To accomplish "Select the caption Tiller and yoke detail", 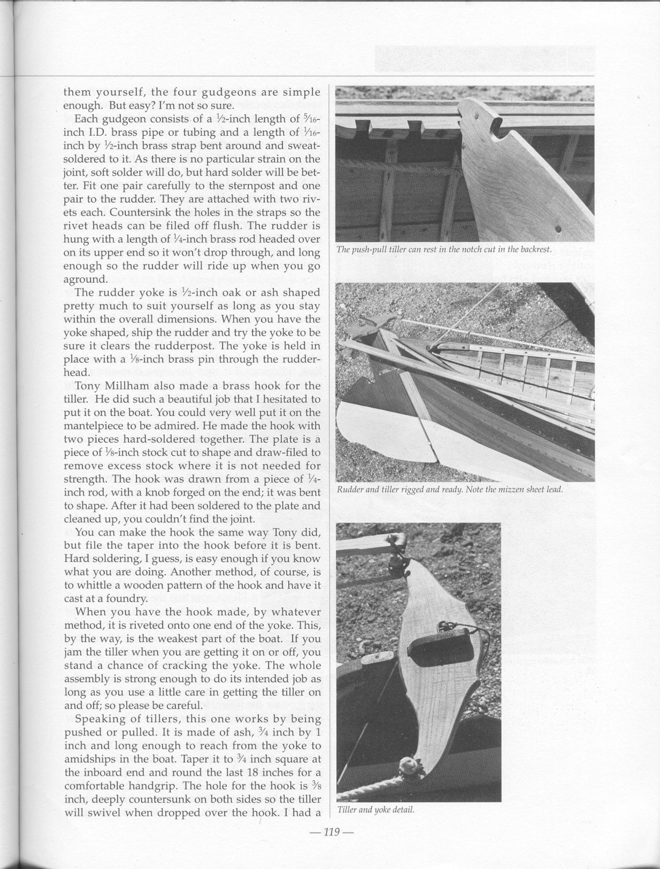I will point(375,810).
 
